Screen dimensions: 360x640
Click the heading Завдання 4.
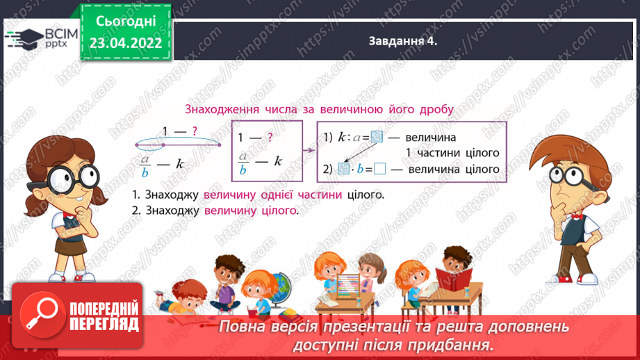click(x=402, y=42)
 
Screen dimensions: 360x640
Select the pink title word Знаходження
click(x=220, y=109)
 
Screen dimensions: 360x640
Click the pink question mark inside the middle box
click(x=270, y=138)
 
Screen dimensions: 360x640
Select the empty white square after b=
click(x=379, y=169)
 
